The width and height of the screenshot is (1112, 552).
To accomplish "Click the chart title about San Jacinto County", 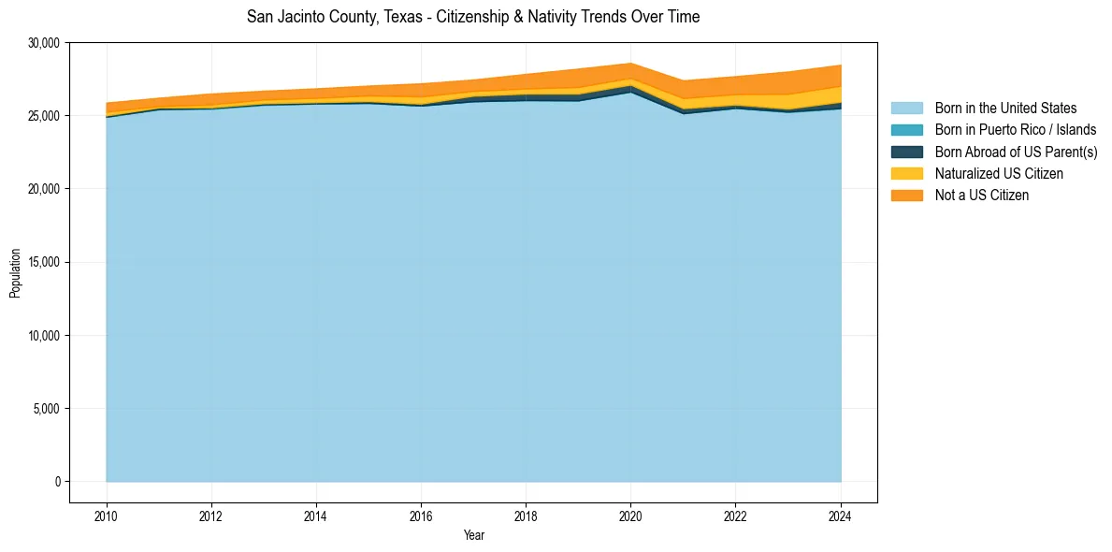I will pyautogui.click(x=473, y=17).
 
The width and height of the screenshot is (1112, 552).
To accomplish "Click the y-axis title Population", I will pyautogui.click(x=15, y=272).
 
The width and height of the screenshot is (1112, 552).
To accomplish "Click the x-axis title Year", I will pyautogui.click(x=473, y=535).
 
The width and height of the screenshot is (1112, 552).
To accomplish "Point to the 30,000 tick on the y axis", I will pyautogui.click(x=43, y=43).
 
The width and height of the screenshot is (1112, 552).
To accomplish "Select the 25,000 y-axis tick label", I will pyautogui.click(x=43, y=116).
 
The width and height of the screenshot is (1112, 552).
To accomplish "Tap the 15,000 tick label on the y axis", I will pyautogui.click(x=43, y=262).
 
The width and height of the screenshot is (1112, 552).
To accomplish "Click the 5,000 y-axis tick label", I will pyautogui.click(x=46, y=409).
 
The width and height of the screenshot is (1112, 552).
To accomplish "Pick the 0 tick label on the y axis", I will pyautogui.click(x=57, y=482).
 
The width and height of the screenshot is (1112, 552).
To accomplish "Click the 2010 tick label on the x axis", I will pyautogui.click(x=107, y=515).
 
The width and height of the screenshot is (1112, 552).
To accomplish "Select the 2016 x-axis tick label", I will pyautogui.click(x=421, y=515).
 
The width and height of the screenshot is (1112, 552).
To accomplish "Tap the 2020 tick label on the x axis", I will pyautogui.click(x=631, y=515).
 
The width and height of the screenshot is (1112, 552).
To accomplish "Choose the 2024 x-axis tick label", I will pyautogui.click(x=841, y=515).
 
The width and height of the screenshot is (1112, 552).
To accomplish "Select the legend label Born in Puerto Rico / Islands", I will pyautogui.click(x=1016, y=130).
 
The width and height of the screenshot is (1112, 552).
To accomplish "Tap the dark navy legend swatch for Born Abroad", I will pyautogui.click(x=906, y=152).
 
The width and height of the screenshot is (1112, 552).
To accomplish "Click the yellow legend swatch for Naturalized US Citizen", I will pyautogui.click(x=906, y=173).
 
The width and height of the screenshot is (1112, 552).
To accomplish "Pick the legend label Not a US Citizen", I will pyautogui.click(x=981, y=196).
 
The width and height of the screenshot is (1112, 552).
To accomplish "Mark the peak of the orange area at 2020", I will pyautogui.click(x=631, y=64).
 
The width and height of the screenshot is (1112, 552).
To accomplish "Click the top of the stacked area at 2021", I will pyautogui.click(x=684, y=81).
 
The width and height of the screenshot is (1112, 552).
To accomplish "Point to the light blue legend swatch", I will pyautogui.click(x=906, y=109).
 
